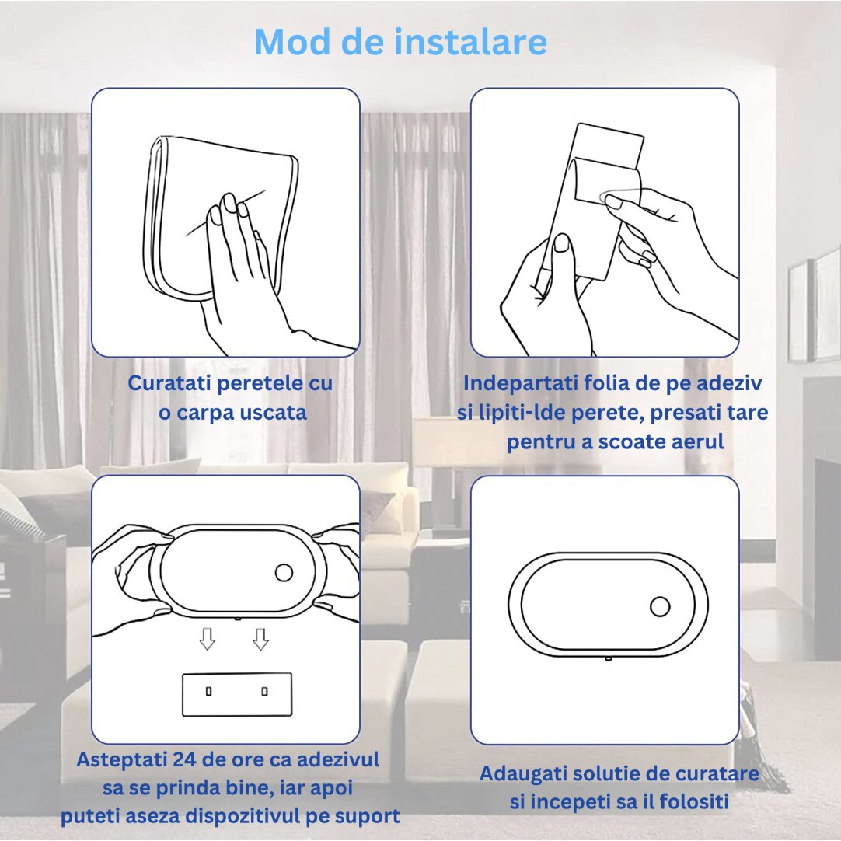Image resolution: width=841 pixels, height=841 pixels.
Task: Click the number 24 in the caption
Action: pyautogui.click(x=184, y=759)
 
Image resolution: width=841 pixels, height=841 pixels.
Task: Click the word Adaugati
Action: pyautogui.click(x=523, y=775)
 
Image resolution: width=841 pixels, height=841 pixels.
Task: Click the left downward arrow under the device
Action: pyautogui.click(x=208, y=639)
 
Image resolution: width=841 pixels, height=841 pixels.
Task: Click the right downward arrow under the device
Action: pyautogui.click(x=260, y=639)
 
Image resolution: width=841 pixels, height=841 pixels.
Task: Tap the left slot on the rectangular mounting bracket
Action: pyautogui.click(x=209, y=691)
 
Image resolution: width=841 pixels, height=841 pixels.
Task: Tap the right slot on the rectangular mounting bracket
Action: pyautogui.click(x=264, y=691)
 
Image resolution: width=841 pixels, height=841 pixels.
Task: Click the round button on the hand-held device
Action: pyautogui.click(x=284, y=573)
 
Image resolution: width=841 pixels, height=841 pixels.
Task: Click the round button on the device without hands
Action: pyautogui.click(x=660, y=607)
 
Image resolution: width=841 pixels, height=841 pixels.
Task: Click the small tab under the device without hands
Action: pyautogui.click(x=609, y=658)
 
